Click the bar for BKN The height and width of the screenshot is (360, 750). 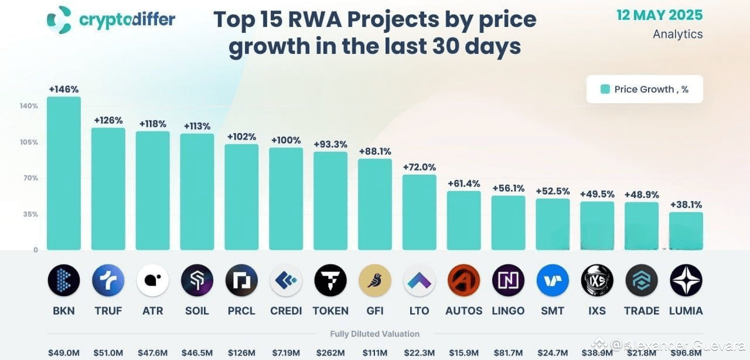[63, 174]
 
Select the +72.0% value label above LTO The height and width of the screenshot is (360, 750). [420, 167]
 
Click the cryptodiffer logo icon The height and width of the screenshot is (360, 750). [59, 19]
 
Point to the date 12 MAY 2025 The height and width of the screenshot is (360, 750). [659, 15]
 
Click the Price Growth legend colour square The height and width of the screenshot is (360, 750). [605, 89]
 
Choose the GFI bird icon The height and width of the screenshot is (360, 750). [375, 280]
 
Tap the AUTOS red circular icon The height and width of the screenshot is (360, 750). [463, 280]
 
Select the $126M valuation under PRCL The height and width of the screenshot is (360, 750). [241, 353]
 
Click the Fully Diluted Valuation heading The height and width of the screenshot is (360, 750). [375, 334]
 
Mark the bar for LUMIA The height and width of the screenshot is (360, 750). [686, 231]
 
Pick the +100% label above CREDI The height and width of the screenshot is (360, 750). [286, 141]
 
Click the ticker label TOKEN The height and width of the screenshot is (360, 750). [330, 311]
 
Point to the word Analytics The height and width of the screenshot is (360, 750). [677, 34]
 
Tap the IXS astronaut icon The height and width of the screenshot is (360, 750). [597, 280]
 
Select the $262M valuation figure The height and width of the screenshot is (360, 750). [330, 353]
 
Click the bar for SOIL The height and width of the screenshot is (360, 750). [197, 192]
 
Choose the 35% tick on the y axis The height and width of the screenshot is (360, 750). [30, 215]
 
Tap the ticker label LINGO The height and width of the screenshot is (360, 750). [508, 311]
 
